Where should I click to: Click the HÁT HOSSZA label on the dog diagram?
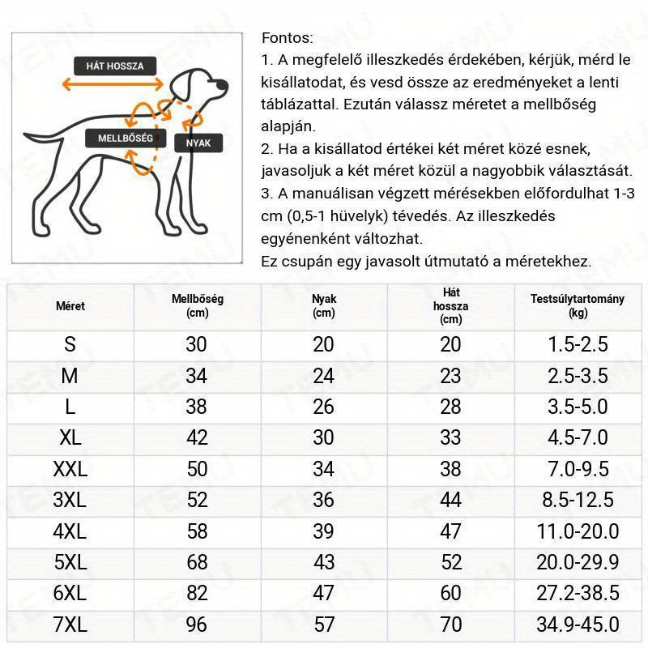pyautogui.click(x=114, y=66)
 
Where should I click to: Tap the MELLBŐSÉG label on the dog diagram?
pyautogui.click(x=126, y=138)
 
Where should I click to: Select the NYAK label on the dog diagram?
pyautogui.click(x=198, y=143)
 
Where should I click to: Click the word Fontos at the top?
pyautogui.click(x=287, y=38)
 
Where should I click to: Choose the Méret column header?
pyautogui.click(x=70, y=306)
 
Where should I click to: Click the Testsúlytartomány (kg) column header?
pyautogui.click(x=578, y=305)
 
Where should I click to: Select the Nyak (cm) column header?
pyautogui.click(x=323, y=305)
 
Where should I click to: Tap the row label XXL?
pyautogui.click(x=70, y=469)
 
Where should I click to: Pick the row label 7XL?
pyautogui.click(x=70, y=625)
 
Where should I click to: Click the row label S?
pyautogui.click(x=70, y=344)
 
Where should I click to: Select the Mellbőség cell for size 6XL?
pyautogui.click(x=197, y=594)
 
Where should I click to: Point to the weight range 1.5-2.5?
pyautogui.click(x=578, y=344)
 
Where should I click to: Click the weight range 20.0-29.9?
pyautogui.click(x=578, y=563)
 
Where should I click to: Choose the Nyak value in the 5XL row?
pyautogui.click(x=323, y=563)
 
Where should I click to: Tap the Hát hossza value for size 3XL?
pyautogui.click(x=451, y=501)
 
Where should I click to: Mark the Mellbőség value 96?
pyautogui.click(x=197, y=625)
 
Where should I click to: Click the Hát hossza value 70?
pyautogui.click(x=451, y=625)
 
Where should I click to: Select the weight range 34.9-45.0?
pyautogui.click(x=578, y=625)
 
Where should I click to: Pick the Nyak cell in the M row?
pyautogui.click(x=323, y=376)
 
